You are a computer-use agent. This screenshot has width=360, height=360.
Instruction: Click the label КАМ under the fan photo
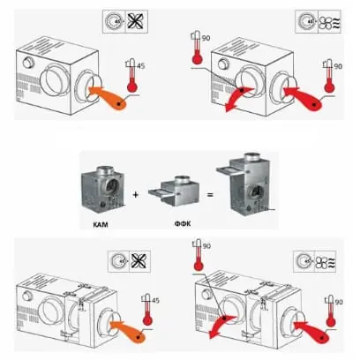(x=101, y=225)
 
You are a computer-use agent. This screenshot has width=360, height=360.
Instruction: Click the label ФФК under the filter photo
(x=183, y=224)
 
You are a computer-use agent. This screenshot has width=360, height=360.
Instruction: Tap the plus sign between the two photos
(x=135, y=195)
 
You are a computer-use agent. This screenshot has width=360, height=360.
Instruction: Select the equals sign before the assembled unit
(x=210, y=194)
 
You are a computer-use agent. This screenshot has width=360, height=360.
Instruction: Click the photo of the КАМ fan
(x=102, y=189)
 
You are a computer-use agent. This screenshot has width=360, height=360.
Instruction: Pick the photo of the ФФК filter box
(x=174, y=191)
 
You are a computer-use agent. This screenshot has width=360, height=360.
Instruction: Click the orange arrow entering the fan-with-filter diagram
(x=128, y=331)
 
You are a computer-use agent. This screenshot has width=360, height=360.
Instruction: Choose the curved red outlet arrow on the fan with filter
(x=221, y=326)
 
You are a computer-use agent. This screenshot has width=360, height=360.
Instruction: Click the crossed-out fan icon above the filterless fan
(x=137, y=21)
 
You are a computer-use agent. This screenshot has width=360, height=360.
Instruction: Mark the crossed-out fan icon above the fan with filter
(x=140, y=261)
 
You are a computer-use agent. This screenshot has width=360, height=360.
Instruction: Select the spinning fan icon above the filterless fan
(x=329, y=23)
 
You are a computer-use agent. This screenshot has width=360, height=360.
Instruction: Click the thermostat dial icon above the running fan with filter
(x=304, y=261)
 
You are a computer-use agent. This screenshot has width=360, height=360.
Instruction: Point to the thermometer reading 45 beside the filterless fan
(x=132, y=76)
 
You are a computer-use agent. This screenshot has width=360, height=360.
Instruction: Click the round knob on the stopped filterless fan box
(x=28, y=62)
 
